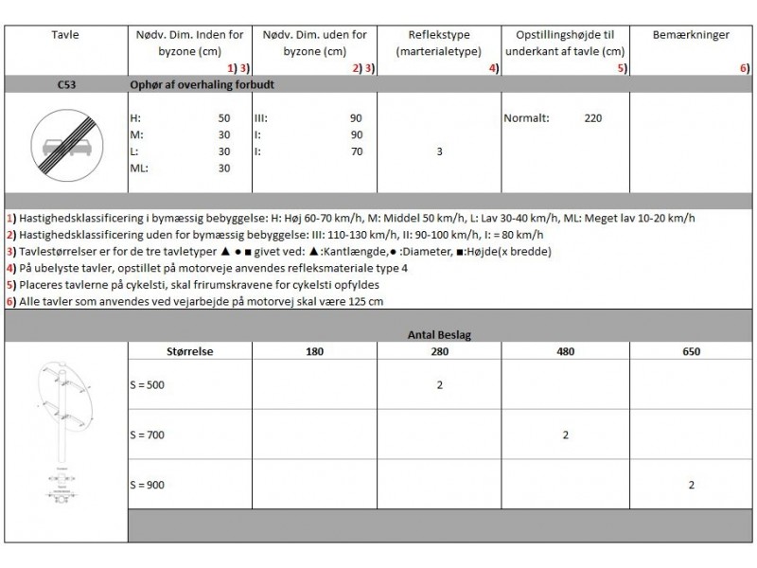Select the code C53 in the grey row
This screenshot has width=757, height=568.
pos(66,84)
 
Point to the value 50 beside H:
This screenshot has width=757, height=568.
pos(224,118)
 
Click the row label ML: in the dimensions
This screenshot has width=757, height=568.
pos(139,169)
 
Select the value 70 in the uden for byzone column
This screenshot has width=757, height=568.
pos(356,151)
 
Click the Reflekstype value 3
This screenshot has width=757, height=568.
pos(440,151)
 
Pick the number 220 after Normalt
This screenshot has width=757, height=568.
pos(592,118)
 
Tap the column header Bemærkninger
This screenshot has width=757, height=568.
pos(691,35)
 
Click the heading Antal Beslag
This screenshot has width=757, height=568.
pos(440,333)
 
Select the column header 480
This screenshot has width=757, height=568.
pos(565,351)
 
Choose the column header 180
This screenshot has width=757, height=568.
pos(315,351)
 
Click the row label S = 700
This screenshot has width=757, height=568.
pos(148,435)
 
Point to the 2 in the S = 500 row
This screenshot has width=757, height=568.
pos(440,385)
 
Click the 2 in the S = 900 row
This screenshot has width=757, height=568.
pos(691,485)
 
